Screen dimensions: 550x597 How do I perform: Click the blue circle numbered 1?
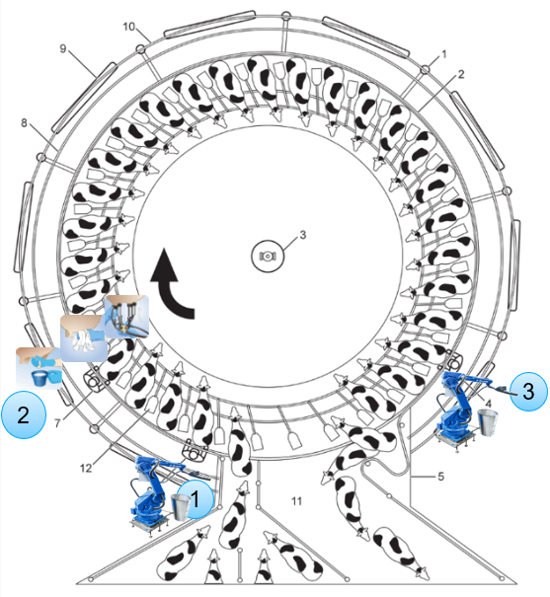196,498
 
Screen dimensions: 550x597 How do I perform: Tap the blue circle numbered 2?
24,414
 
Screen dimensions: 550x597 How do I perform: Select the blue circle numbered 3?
528,391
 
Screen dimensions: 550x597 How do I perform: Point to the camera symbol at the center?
268,257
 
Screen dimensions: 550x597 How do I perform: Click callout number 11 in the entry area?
296,501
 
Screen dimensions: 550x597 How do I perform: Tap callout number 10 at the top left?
129,27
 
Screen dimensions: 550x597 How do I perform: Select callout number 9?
63,48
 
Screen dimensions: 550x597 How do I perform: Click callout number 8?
24,122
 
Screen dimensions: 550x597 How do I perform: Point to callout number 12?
86,468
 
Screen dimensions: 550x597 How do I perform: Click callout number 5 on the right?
440,477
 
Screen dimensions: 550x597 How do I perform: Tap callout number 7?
57,423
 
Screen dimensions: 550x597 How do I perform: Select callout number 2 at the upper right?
461,74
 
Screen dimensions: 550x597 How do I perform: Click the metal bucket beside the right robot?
487,422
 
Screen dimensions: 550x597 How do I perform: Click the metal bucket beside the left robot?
180,507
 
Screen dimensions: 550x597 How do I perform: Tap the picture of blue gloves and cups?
39,367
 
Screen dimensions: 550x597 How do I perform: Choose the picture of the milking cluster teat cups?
126,317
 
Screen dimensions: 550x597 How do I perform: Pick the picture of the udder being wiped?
84,338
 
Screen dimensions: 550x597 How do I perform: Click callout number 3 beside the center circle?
303,235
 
